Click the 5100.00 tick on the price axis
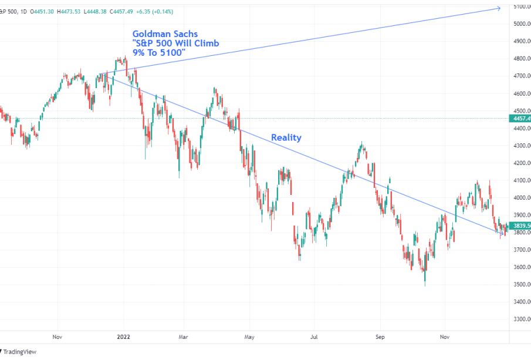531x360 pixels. tap(522, 7)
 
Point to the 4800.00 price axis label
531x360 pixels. tap(522, 59)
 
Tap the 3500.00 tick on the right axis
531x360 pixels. tap(522, 285)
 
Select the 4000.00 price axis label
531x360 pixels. tap(522, 198)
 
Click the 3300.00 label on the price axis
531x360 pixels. tap(522, 319)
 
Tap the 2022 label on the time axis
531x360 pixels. tap(124, 338)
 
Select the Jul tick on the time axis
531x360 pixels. tap(314, 338)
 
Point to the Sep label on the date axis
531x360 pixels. tap(380, 338)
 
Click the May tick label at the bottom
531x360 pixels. tap(249, 338)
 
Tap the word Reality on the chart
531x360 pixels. tap(286, 137)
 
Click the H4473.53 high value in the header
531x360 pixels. tap(73, 11)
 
